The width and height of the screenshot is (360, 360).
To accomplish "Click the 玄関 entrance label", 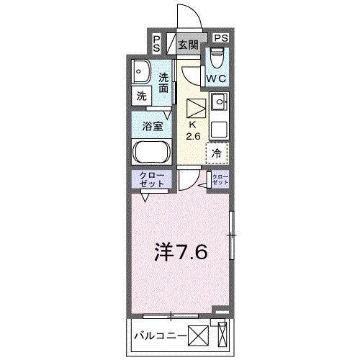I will pyautogui.click(x=188, y=45).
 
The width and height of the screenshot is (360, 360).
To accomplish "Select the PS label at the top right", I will pyautogui.click(x=220, y=38).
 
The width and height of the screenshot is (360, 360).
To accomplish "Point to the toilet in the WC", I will pyautogui.click(x=217, y=57).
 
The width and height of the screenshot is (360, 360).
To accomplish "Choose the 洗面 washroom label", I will pyautogui.click(x=164, y=83).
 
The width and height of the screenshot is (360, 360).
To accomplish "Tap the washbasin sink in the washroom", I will pyautogui.click(x=141, y=72).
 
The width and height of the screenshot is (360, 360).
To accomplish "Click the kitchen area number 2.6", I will pyautogui.click(x=194, y=136).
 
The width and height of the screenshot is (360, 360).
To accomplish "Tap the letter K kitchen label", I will pyautogui.click(x=194, y=124).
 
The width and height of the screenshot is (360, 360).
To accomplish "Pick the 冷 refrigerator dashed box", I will pyautogui.click(x=217, y=153).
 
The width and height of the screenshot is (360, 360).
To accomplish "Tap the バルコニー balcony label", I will pyautogui.click(x=160, y=336).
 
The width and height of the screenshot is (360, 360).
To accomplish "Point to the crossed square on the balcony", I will pyautogui.click(x=199, y=336).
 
